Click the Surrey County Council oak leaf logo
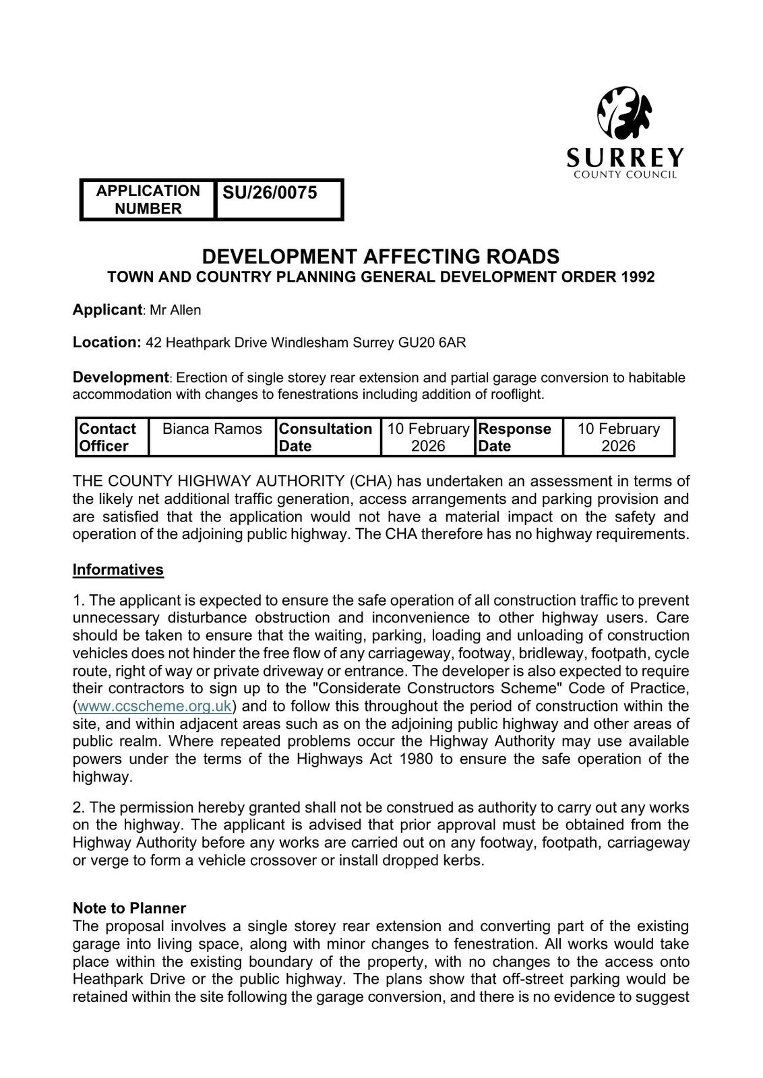[x=625, y=113]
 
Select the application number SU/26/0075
[x=270, y=193]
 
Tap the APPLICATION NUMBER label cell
[x=148, y=199]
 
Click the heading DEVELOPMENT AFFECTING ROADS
[x=381, y=257]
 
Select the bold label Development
[x=120, y=377]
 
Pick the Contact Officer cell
[x=107, y=437]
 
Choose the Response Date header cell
[x=514, y=437]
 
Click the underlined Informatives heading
[x=118, y=569]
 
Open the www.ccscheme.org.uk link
[x=155, y=706]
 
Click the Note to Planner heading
[x=129, y=908]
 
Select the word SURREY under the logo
[x=625, y=158]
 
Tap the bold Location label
[x=106, y=342]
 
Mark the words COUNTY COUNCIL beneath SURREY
[x=625, y=175]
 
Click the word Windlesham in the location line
[x=309, y=342]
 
